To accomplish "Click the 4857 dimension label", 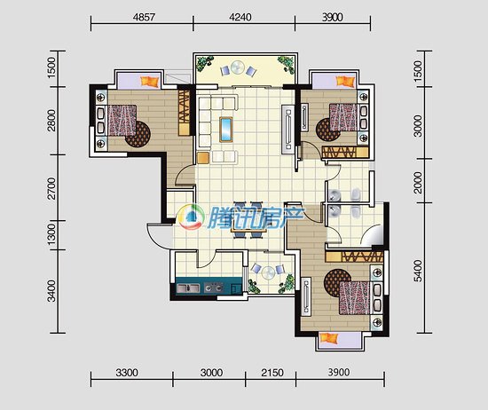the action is point(144,17).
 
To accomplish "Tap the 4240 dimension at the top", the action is point(240,17).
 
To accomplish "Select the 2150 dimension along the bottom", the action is point(272,373).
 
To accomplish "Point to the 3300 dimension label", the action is point(127,373).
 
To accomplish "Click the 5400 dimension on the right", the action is point(419,271).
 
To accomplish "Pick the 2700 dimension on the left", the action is point(51,188).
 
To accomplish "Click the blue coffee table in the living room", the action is point(226,130).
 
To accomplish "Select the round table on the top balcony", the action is point(238,67).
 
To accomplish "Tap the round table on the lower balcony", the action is point(268,273).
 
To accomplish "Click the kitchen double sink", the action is point(188,288).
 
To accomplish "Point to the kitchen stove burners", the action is point(214,288).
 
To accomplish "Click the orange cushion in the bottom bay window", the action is point(329,338).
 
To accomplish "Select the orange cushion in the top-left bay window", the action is point(150,82).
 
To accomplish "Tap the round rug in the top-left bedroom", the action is point(138,134).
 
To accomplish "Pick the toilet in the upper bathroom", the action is point(356,195).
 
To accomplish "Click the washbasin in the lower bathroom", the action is point(334,212).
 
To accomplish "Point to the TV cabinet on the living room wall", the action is point(287,130).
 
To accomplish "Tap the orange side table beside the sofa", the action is point(202,157).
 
